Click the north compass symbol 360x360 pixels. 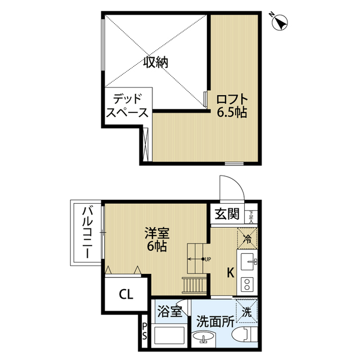coord(279,22)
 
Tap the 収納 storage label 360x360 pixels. coord(155,62)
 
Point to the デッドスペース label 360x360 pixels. coord(127,105)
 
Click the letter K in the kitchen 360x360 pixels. coord(230,273)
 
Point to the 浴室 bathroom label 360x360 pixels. coord(169,311)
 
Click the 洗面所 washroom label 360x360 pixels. coord(215,322)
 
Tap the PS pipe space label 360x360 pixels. coord(145,331)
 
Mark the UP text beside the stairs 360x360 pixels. coord(207,259)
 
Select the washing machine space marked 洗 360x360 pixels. coord(247,309)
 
